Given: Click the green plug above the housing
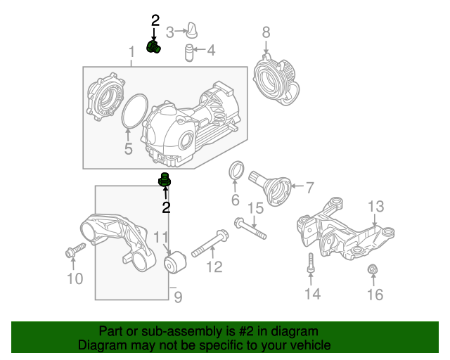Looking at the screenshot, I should click(153, 47).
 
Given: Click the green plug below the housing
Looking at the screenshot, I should click(165, 181).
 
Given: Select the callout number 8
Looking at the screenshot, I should click(266, 32).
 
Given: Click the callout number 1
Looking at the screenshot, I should click(131, 53).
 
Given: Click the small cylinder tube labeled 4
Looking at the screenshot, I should click(188, 52).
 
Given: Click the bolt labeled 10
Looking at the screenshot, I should click(75, 250).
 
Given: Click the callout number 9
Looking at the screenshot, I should click(178, 298).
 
